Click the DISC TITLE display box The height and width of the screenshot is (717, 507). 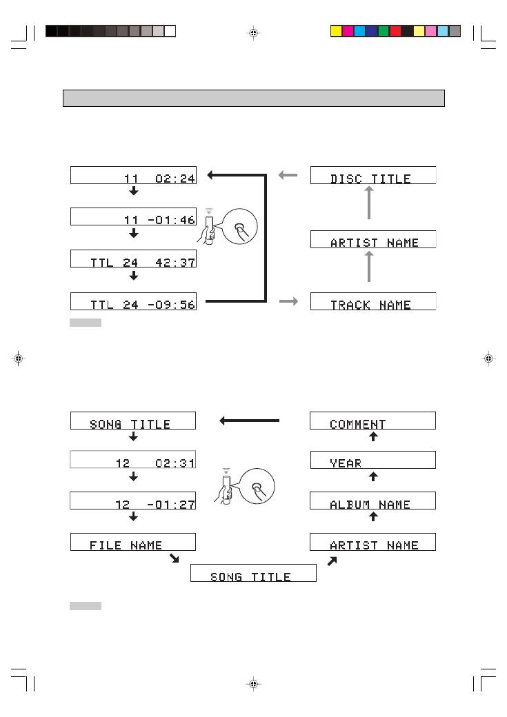click(x=373, y=175)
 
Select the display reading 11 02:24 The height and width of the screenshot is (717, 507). click(x=133, y=175)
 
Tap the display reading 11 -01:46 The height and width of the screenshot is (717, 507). click(x=133, y=216)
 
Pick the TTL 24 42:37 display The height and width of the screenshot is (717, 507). click(x=133, y=259)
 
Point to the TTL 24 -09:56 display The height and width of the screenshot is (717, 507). click(x=133, y=301)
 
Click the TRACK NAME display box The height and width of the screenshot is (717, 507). click(x=373, y=301)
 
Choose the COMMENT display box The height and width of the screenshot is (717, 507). click(x=373, y=421)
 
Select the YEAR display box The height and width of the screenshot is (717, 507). click(x=373, y=460)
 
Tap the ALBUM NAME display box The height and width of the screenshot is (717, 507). click(x=373, y=501)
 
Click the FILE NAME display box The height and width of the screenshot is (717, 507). click(x=133, y=542)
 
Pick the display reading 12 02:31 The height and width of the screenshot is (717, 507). click(x=133, y=460)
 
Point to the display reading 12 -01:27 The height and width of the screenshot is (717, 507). click(x=133, y=501)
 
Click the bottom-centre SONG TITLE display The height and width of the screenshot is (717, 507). click(x=253, y=573)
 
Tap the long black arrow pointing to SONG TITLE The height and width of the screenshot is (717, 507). click(x=250, y=421)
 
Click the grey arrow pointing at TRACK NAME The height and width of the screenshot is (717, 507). click(x=288, y=301)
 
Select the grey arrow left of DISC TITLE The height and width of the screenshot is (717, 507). click(x=288, y=175)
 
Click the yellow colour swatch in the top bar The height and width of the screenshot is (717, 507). click(x=337, y=31)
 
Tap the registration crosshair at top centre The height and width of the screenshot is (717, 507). click(x=253, y=32)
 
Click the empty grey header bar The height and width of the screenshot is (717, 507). click(x=253, y=98)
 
